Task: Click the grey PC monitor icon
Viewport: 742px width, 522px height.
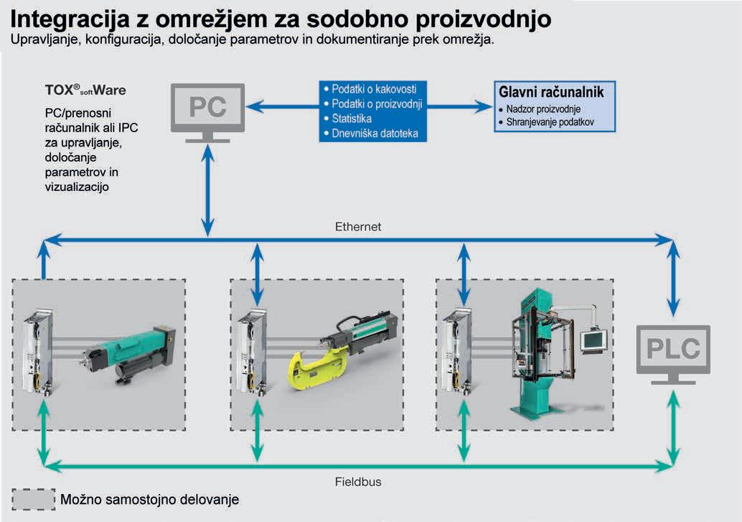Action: point(207,108)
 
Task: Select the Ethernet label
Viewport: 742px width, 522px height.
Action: point(358,226)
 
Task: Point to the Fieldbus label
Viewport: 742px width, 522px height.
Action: point(358,482)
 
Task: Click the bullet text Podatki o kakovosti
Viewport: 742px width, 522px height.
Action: point(374,89)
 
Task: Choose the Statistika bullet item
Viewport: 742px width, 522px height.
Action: point(352,118)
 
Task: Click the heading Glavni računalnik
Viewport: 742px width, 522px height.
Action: point(550,92)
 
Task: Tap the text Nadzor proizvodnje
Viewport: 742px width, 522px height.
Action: point(543,109)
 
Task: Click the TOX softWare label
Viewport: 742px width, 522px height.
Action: point(85,91)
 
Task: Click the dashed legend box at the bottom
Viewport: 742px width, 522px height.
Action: point(34,499)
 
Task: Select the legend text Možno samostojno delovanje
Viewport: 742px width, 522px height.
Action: point(150,499)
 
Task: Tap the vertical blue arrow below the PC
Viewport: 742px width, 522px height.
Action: point(207,191)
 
